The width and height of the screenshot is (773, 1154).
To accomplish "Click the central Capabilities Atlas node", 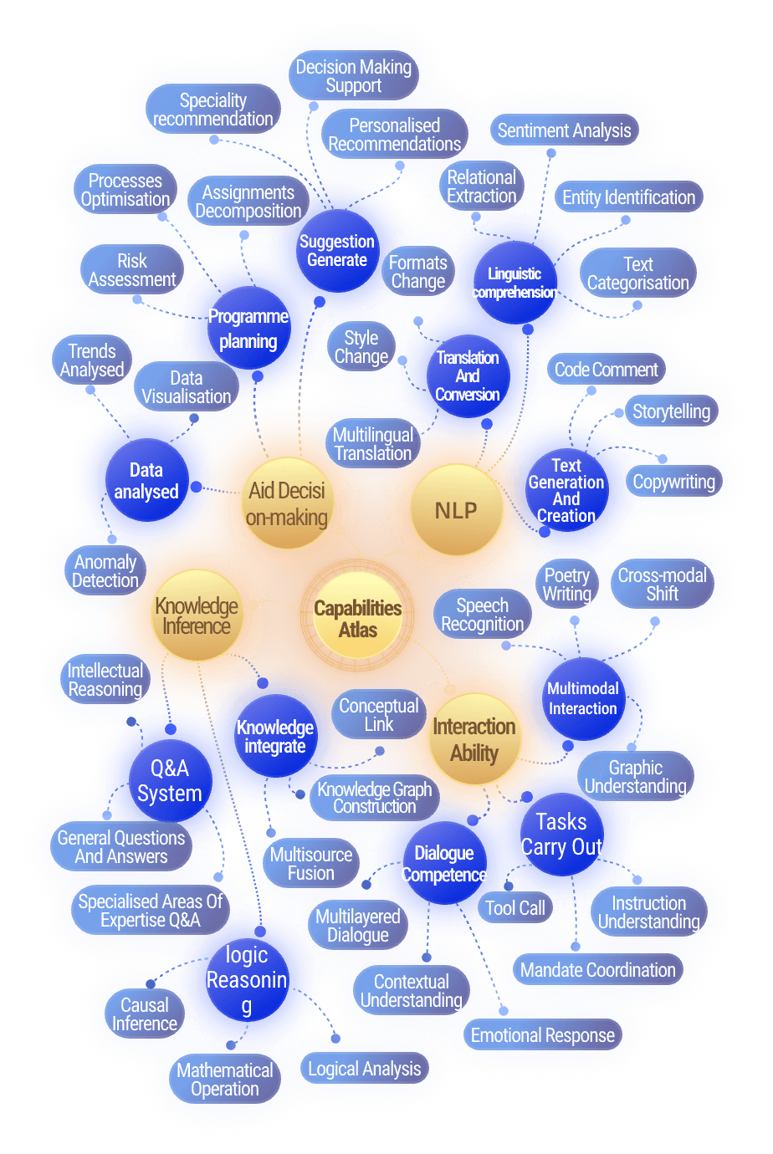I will tap(358, 620).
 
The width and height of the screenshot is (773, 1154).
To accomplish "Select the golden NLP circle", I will tap(456, 510).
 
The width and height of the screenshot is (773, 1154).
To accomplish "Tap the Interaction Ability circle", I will tap(474, 740).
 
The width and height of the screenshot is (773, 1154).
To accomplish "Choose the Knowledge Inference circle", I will tap(197, 616).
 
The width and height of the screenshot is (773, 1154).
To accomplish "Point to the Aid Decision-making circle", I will tap(287, 504).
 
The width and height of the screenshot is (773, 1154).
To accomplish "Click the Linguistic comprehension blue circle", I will tap(514, 283).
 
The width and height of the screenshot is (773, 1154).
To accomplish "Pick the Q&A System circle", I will tap(170, 781).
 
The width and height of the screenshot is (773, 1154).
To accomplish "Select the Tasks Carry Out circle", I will tap(561, 835).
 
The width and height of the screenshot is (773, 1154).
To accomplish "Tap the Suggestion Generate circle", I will tap(337, 251).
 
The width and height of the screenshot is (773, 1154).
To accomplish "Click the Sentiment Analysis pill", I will tap(564, 130).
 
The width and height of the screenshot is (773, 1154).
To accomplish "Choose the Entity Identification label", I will tap(628, 197).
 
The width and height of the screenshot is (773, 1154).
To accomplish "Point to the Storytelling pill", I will tap(671, 411).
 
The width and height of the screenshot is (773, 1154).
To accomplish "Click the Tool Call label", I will tap(514, 908).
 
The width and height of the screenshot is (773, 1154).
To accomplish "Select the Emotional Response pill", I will tap(542, 1035).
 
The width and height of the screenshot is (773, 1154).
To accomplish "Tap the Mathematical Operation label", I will tap(225, 1080).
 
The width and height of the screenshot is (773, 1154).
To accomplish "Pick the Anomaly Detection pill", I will tap(105, 571).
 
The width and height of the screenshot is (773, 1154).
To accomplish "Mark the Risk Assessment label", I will tap(132, 270).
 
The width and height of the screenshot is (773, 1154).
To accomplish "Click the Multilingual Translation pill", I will tap(373, 444).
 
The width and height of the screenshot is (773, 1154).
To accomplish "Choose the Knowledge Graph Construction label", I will tap(375, 798).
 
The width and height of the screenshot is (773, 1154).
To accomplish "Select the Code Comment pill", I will tap(607, 370).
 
